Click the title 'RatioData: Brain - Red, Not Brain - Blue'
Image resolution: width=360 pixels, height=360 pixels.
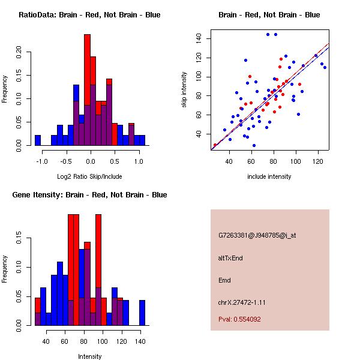[89, 14]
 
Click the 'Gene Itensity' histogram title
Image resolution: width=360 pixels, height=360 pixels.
[89, 194]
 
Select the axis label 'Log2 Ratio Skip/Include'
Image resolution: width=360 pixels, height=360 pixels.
[90, 176]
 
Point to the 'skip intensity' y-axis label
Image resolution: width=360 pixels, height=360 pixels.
[185, 90]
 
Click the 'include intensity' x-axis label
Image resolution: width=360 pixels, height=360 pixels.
[269, 176]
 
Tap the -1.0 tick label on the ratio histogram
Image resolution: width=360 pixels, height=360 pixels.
[41, 161]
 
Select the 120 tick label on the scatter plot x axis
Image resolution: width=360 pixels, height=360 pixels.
[316, 161]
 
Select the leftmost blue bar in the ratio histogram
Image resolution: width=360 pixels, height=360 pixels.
[38, 140]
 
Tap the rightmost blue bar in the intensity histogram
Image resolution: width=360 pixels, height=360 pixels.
[142, 312]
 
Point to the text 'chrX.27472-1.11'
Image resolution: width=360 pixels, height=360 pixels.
[242, 302]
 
